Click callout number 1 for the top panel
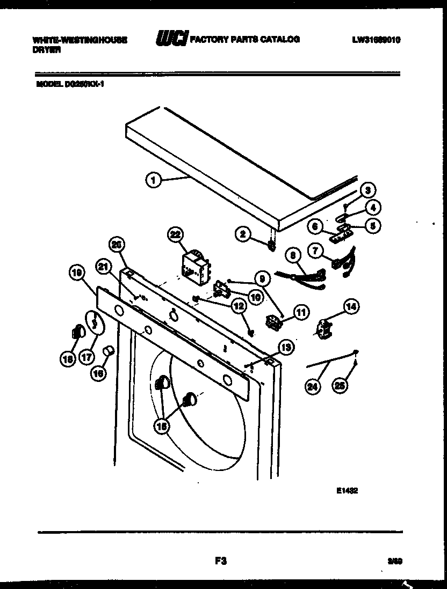pos(154,181)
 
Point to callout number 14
pos(351,307)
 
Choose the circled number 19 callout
pos(78,273)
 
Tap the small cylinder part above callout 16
pos(110,351)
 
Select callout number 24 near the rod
pos(312,386)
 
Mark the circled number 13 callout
pos(285,348)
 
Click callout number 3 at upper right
pos(367,190)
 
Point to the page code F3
pos(219,561)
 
